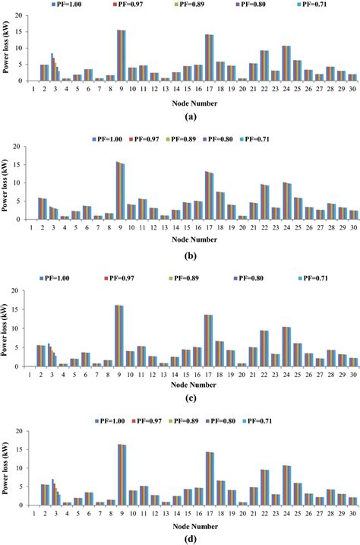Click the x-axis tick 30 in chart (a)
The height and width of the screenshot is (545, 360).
(x=352, y=88)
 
